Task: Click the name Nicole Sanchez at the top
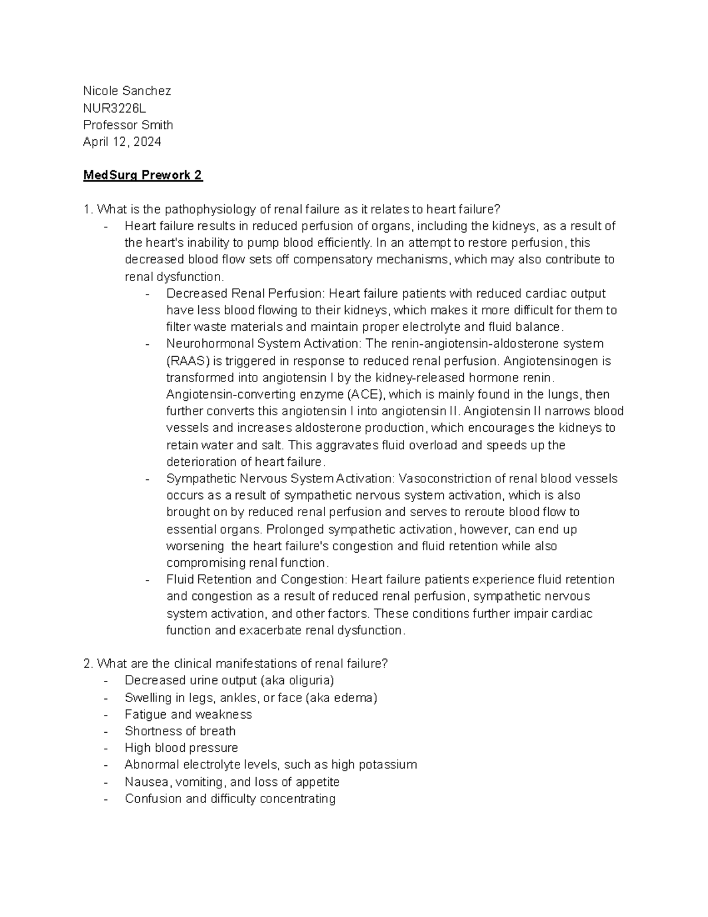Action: (127, 91)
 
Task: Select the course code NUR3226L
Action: (114, 108)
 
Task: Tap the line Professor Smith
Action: (128, 125)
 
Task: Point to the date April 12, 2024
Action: (122, 142)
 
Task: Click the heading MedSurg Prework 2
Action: (143, 175)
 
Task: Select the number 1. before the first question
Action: (88, 209)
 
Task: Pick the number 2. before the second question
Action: (88, 664)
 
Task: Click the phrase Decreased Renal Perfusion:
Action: (245, 293)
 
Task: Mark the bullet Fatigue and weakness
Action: (188, 714)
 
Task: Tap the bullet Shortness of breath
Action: (180, 731)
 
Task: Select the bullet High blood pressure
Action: (181, 748)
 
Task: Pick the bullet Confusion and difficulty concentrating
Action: (230, 799)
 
